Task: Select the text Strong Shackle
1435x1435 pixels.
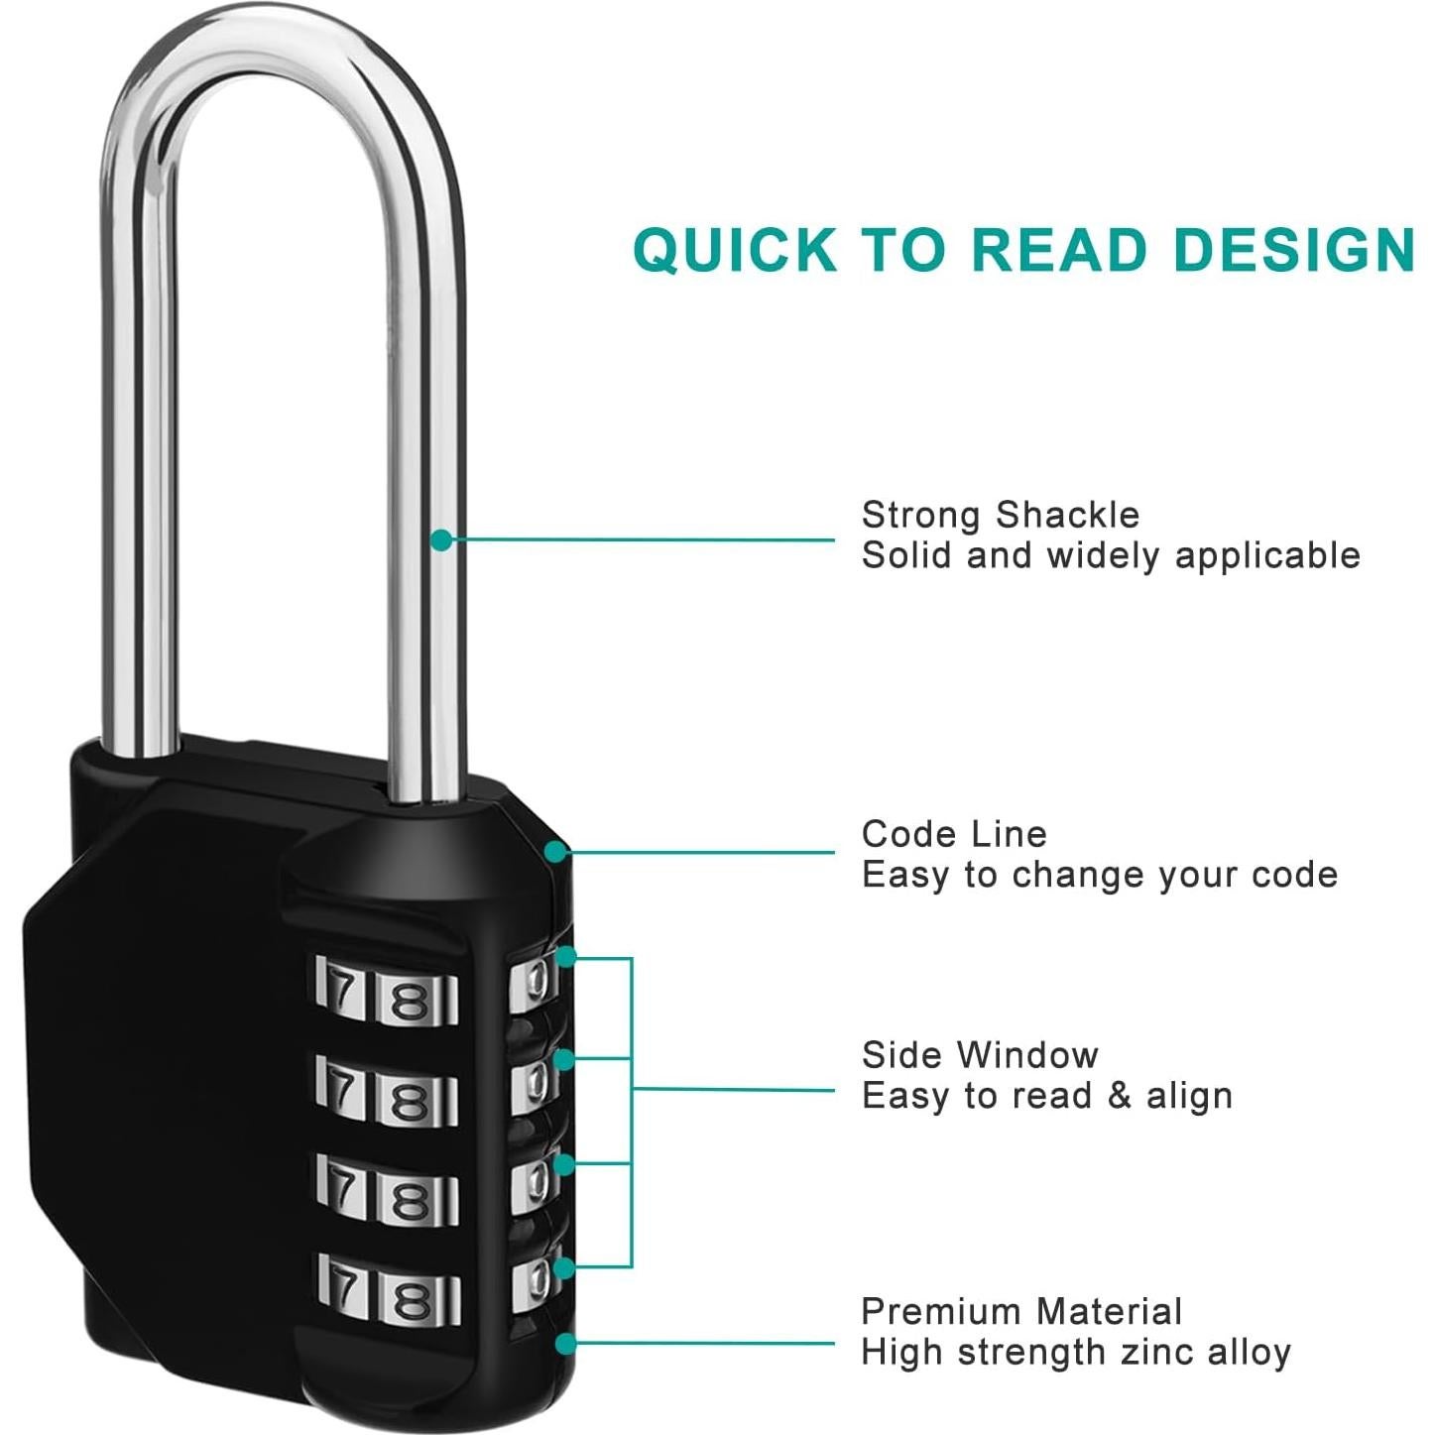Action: [1001, 516]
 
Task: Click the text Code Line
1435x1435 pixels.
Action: [954, 834]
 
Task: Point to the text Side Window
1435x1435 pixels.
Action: [980, 1055]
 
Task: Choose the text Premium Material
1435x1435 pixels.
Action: [1021, 1312]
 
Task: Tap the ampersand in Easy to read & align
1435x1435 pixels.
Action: [1119, 1096]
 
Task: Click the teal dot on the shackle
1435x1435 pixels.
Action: [442, 539]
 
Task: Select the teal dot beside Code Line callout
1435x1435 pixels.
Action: [556, 851]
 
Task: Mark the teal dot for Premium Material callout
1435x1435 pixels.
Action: [565, 1344]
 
